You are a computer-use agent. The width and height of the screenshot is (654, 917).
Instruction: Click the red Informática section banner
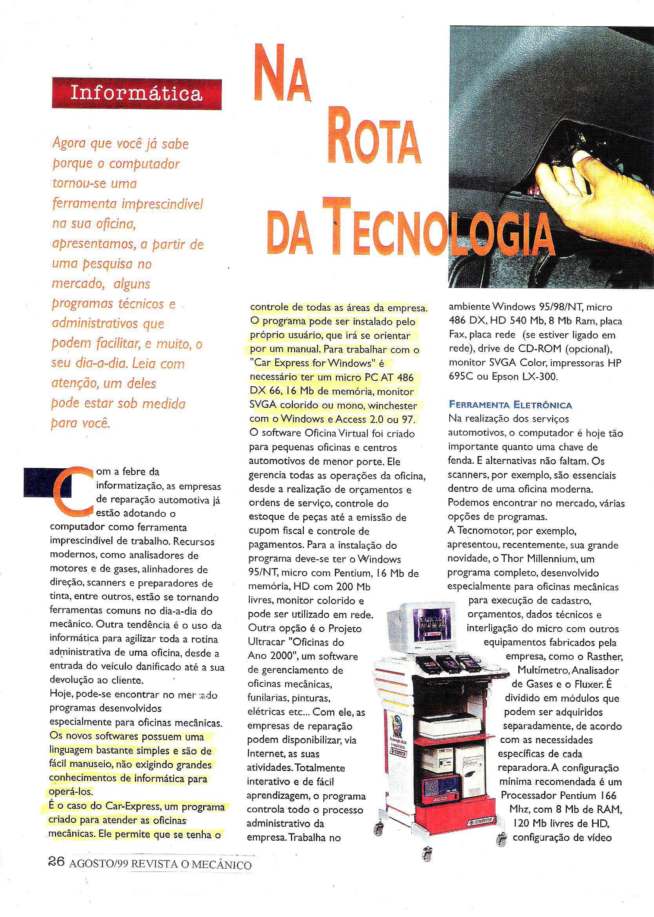click(x=136, y=94)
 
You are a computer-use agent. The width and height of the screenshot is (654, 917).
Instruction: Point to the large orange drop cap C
click(x=73, y=491)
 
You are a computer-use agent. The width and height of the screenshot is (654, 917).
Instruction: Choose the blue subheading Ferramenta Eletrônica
click(x=510, y=405)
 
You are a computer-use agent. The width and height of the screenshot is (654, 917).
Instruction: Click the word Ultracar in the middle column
click(x=266, y=642)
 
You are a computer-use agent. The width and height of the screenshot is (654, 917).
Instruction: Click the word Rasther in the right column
click(x=604, y=657)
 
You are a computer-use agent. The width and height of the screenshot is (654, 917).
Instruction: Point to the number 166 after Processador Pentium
click(x=608, y=795)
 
